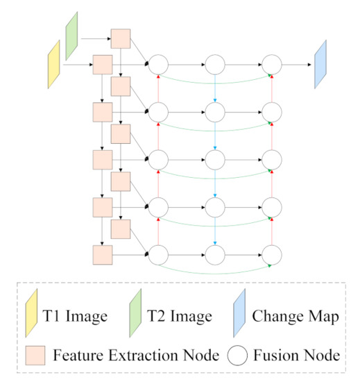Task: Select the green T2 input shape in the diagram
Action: [71, 39]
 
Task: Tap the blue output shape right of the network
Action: [320, 64]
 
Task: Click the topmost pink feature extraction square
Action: [121, 39]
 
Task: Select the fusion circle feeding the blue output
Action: [271, 65]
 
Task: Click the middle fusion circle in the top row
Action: [215, 65]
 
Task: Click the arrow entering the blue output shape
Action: [295, 65]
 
